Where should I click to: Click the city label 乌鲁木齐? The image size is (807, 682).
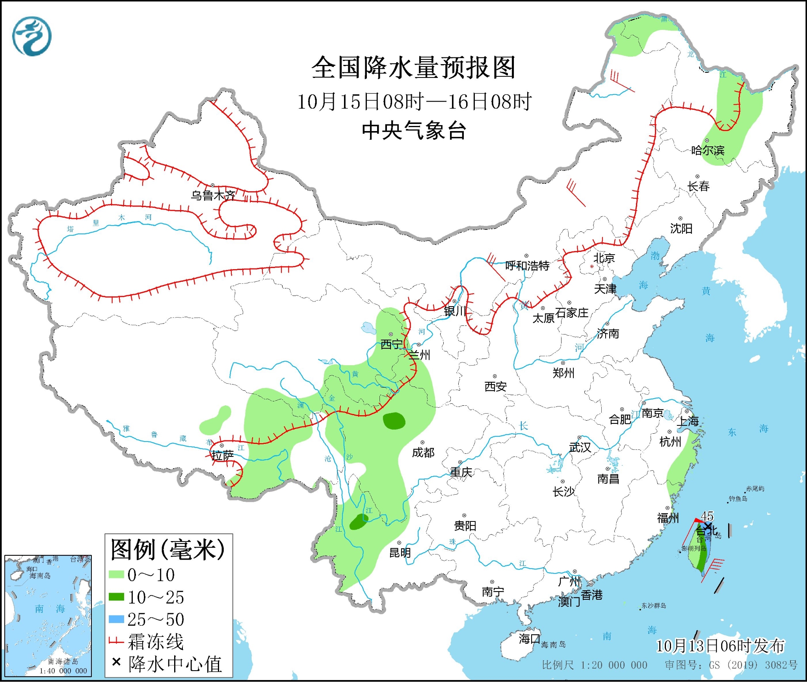[x=213, y=195]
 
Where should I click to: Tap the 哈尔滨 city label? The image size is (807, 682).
[x=708, y=150]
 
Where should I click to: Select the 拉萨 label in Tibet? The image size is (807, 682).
[x=223, y=456]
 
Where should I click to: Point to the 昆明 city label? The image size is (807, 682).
[x=400, y=553]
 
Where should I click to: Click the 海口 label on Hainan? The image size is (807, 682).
[x=529, y=638]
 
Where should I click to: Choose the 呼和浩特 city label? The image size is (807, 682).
[x=527, y=266]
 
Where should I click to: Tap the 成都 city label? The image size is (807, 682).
[x=423, y=453]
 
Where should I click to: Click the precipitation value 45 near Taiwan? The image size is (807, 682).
[x=707, y=516]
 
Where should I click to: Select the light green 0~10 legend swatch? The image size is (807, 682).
[x=116, y=575]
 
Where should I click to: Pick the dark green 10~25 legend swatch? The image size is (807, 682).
[x=116, y=597]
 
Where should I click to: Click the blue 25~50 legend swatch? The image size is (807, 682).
[x=116, y=619]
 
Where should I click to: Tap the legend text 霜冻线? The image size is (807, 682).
[x=156, y=641]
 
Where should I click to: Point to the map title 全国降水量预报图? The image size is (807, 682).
[x=413, y=68]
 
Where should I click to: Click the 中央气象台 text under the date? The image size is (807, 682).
[x=414, y=130]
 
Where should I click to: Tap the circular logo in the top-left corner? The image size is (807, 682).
[x=32, y=36]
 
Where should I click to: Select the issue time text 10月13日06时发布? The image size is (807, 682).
[x=720, y=646]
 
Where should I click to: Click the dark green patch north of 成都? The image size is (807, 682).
[x=394, y=421]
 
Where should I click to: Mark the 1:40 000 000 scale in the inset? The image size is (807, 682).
[x=63, y=671]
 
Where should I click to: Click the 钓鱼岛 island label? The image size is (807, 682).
[x=738, y=499]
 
